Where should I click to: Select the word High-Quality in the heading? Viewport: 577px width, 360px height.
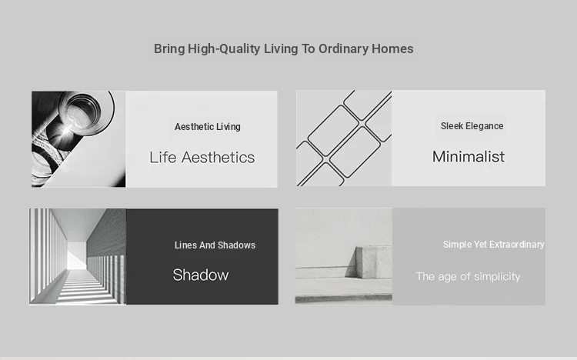pos(224,49)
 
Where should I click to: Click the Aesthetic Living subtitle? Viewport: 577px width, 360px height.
pos(208,127)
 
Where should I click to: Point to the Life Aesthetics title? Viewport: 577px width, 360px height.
pos(202,157)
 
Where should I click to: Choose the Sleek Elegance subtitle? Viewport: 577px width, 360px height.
pos(472,126)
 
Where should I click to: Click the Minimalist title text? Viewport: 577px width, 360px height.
pos(468,156)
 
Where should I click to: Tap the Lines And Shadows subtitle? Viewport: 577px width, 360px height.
pos(215,245)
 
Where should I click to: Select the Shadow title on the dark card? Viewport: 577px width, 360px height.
pos(201,275)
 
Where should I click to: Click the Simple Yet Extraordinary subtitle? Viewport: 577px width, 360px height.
pos(493,245)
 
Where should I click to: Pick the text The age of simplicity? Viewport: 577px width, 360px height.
pos(468,276)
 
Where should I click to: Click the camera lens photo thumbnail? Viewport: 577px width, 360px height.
pos(78,139)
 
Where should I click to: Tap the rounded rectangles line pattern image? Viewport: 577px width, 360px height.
pos(344,138)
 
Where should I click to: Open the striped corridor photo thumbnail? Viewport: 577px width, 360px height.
pos(78,257)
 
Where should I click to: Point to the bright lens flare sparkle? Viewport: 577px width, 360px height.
pos(65,132)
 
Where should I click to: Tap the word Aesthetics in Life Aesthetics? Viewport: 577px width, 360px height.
pos(218,157)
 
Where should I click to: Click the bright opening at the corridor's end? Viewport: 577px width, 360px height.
pos(77,256)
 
